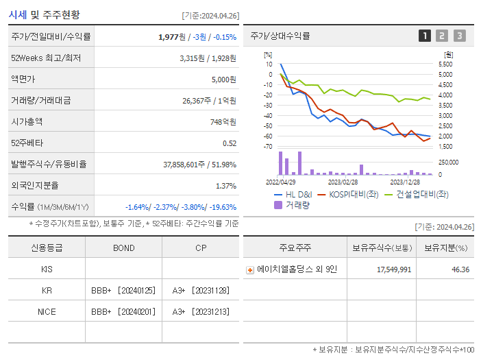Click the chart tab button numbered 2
point(442,36)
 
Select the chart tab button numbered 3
point(459,36)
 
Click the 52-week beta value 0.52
point(230,143)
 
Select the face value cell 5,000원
point(223,80)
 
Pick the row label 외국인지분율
point(35,186)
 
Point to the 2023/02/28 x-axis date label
point(343,182)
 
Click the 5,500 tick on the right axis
point(445,64)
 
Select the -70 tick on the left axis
point(268,147)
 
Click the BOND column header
point(123,248)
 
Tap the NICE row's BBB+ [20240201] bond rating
point(123,312)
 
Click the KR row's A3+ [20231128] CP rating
point(200,291)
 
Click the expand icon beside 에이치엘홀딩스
point(250,269)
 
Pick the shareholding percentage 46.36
point(460,269)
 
